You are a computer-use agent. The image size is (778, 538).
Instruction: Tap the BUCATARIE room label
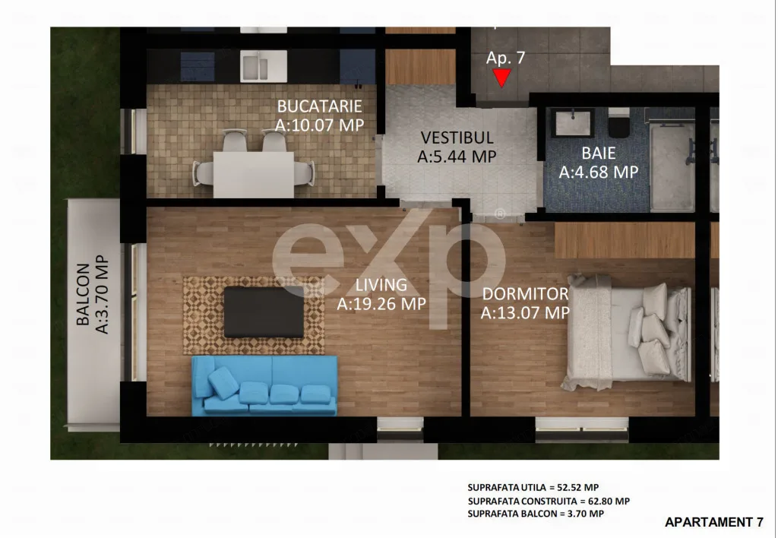click(x=320, y=106)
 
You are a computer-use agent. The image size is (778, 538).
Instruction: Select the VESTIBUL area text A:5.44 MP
click(x=457, y=157)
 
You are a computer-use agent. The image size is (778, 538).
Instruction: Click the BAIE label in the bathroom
click(x=599, y=153)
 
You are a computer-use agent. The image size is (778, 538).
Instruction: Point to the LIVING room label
click(x=381, y=285)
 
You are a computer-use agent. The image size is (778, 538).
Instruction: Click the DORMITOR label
click(x=526, y=294)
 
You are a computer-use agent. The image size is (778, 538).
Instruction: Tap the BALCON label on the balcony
click(x=83, y=294)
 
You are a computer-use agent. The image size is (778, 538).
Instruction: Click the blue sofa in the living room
click(x=264, y=385)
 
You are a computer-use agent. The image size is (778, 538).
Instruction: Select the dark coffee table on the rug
click(x=264, y=312)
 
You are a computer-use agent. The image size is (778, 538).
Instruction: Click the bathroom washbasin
click(x=573, y=122)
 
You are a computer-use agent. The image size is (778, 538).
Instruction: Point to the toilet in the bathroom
click(x=618, y=123)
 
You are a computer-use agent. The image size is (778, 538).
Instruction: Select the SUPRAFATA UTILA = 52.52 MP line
click(x=533, y=487)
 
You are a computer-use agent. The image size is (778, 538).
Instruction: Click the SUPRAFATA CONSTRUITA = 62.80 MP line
click(x=549, y=502)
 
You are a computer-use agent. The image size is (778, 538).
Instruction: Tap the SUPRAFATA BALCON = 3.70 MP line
click(x=536, y=514)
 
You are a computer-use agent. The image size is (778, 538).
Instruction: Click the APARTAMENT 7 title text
click(x=713, y=522)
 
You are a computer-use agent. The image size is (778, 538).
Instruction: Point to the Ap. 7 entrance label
click(x=505, y=58)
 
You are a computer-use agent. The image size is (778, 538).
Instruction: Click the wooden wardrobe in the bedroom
click(x=625, y=240)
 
